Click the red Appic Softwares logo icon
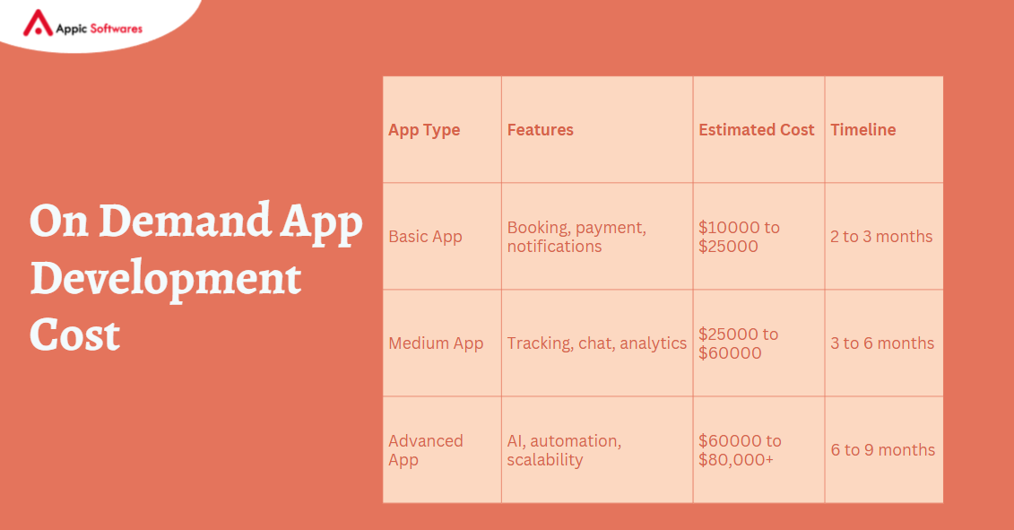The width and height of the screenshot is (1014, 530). point(38,23)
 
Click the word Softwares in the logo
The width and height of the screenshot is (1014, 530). point(114,28)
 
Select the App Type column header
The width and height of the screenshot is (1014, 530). point(424,130)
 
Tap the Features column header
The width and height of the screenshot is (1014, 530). point(540,130)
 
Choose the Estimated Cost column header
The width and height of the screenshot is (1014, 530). point(756,130)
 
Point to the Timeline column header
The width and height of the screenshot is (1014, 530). point(862,130)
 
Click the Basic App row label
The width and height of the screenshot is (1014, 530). point(425,237)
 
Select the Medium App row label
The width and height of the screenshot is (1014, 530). point(436,343)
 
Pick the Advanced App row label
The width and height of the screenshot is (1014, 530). point(426,450)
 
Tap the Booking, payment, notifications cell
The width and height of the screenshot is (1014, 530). point(576,237)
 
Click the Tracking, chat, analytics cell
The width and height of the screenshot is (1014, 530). point(596,343)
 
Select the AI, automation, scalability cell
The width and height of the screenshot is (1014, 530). point(564,450)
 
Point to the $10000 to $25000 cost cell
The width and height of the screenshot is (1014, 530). point(739,237)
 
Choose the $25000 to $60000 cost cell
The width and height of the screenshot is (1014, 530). point(739,343)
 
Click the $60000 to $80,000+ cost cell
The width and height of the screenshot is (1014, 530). point(740,450)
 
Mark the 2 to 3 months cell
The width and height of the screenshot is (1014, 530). point(881,237)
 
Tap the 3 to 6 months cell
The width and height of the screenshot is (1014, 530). point(882,343)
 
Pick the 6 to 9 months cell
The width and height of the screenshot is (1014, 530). point(882,450)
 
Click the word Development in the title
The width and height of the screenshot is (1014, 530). point(165,280)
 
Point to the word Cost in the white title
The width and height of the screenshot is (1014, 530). point(74,335)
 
